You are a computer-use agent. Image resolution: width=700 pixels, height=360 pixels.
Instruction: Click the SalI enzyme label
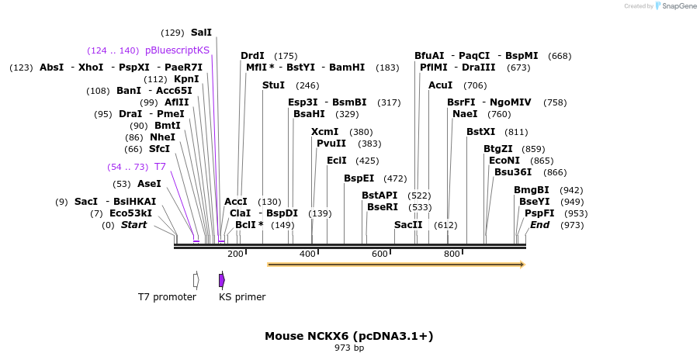(201, 33)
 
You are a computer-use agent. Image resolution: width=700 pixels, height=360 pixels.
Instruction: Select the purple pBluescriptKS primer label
(177, 50)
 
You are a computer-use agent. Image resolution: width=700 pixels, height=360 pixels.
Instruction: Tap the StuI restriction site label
(273, 85)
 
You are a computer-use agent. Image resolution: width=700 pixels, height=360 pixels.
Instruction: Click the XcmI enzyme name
(324, 132)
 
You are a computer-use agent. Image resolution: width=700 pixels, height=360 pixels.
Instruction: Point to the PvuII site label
(331, 144)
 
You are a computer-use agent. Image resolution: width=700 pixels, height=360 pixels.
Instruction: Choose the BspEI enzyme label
(359, 178)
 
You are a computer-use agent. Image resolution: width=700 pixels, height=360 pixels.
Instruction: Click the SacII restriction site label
(408, 225)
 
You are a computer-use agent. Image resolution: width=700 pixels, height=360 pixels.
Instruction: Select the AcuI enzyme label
(440, 85)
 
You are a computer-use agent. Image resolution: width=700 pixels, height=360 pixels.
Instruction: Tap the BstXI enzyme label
(480, 132)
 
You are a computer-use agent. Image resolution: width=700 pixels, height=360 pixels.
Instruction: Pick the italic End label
(539, 225)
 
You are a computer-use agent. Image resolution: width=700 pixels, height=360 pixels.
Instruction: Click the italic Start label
(133, 225)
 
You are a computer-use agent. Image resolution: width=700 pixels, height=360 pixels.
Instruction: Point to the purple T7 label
(160, 167)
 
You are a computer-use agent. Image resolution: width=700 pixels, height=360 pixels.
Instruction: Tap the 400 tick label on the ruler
(307, 254)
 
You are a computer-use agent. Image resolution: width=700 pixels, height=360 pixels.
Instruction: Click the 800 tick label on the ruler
(452, 254)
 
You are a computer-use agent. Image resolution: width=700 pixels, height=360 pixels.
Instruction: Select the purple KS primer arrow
(222, 279)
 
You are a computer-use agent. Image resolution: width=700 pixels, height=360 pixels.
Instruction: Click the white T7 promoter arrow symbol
(196, 279)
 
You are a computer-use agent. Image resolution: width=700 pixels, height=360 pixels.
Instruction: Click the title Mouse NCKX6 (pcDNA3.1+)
(349, 336)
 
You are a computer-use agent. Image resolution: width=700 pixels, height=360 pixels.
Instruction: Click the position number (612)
(445, 225)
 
